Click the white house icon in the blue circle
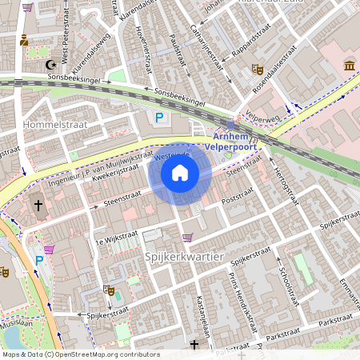click(180, 173)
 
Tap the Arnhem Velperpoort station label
click(230, 142)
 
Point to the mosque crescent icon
click(54, 64)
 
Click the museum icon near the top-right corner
click(349, 64)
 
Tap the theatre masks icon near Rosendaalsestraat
click(257, 70)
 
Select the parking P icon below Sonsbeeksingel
click(159, 118)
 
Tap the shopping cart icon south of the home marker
click(188, 238)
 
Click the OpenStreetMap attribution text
click(81, 354)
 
